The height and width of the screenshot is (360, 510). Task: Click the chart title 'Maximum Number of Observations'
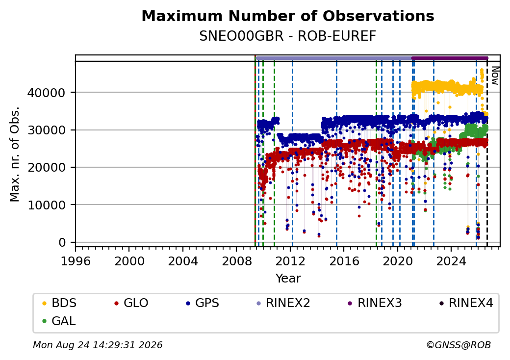(288, 16)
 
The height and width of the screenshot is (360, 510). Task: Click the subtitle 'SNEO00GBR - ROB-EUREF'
(288, 36)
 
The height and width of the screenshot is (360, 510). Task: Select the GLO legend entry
(131, 303)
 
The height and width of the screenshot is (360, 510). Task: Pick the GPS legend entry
(203, 303)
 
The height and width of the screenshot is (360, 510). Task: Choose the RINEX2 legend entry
(283, 303)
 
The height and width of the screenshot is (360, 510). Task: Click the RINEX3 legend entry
(375, 303)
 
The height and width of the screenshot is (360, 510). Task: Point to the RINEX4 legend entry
(466, 303)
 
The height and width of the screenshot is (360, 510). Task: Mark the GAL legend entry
(59, 321)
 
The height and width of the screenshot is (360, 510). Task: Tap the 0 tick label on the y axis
(62, 243)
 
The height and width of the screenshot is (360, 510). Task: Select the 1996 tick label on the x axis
(76, 261)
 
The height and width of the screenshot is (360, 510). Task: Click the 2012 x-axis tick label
(290, 261)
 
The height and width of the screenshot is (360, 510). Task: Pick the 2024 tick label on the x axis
(451, 261)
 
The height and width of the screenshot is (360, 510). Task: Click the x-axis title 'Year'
(288, 279)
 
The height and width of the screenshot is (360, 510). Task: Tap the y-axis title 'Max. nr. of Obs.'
(15, 154)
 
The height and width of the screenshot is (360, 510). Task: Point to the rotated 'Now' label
(495, 76)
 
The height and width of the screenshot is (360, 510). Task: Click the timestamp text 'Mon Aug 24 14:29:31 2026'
(98, 345)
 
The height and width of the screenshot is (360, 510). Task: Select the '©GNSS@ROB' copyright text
(459, 345)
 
